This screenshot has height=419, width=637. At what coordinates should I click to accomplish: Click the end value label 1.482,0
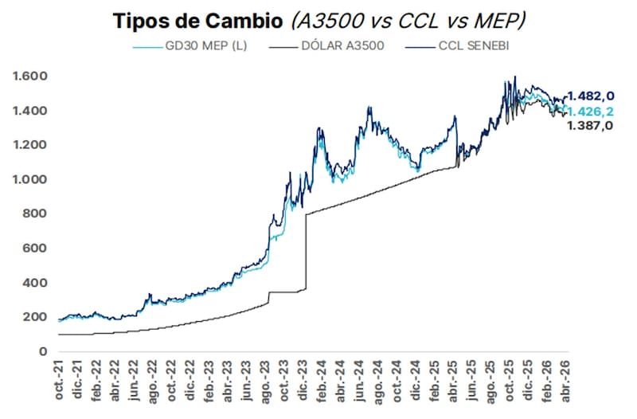pyautogui.click(x=590, y=96)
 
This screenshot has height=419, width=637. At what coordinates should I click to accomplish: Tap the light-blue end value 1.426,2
pyautogui.click(x=590, y=111)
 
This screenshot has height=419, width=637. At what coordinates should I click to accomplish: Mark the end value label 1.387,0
pyautogui.click(x=590, y=126)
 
